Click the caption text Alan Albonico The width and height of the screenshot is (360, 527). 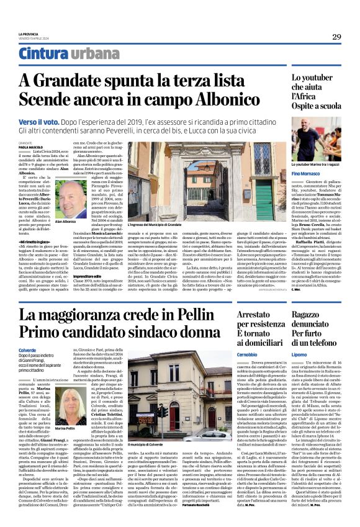[65, 221]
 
